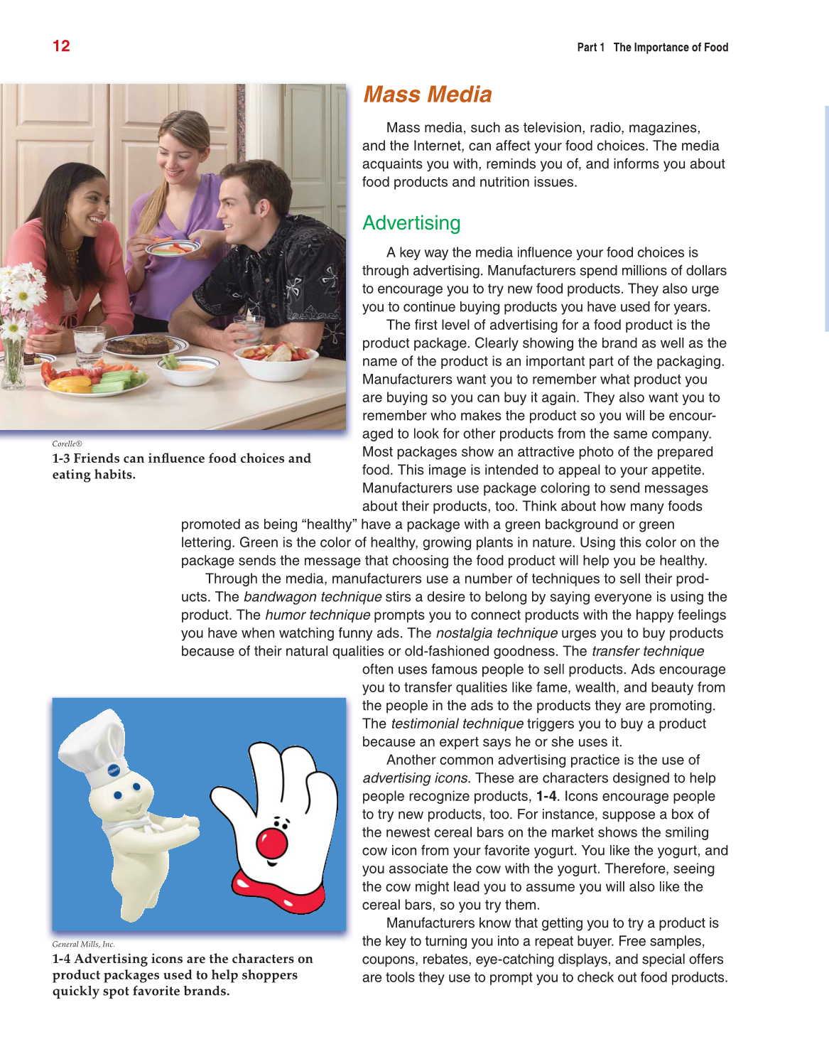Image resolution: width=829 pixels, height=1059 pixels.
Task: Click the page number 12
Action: (61, 46)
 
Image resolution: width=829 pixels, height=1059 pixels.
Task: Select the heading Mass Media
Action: (427, 95)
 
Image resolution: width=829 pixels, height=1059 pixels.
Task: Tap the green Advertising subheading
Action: (411, 223)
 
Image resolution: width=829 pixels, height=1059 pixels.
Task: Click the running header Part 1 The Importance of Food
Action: (652, 48)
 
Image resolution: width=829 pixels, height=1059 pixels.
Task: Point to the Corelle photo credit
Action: (67, 444)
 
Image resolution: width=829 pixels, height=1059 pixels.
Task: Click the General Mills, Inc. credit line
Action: (83, 944)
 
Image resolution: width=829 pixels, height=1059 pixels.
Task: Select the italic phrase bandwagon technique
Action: (313, 597)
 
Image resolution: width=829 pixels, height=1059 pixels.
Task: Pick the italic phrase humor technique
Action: (318, 615)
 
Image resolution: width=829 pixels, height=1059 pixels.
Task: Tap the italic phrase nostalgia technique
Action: (497, 633)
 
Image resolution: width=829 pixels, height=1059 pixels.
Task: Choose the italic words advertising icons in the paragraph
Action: (416, 778)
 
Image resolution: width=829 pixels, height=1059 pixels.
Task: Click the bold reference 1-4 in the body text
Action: (546, 796)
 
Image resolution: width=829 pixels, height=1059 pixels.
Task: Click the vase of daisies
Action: (16, 320)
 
